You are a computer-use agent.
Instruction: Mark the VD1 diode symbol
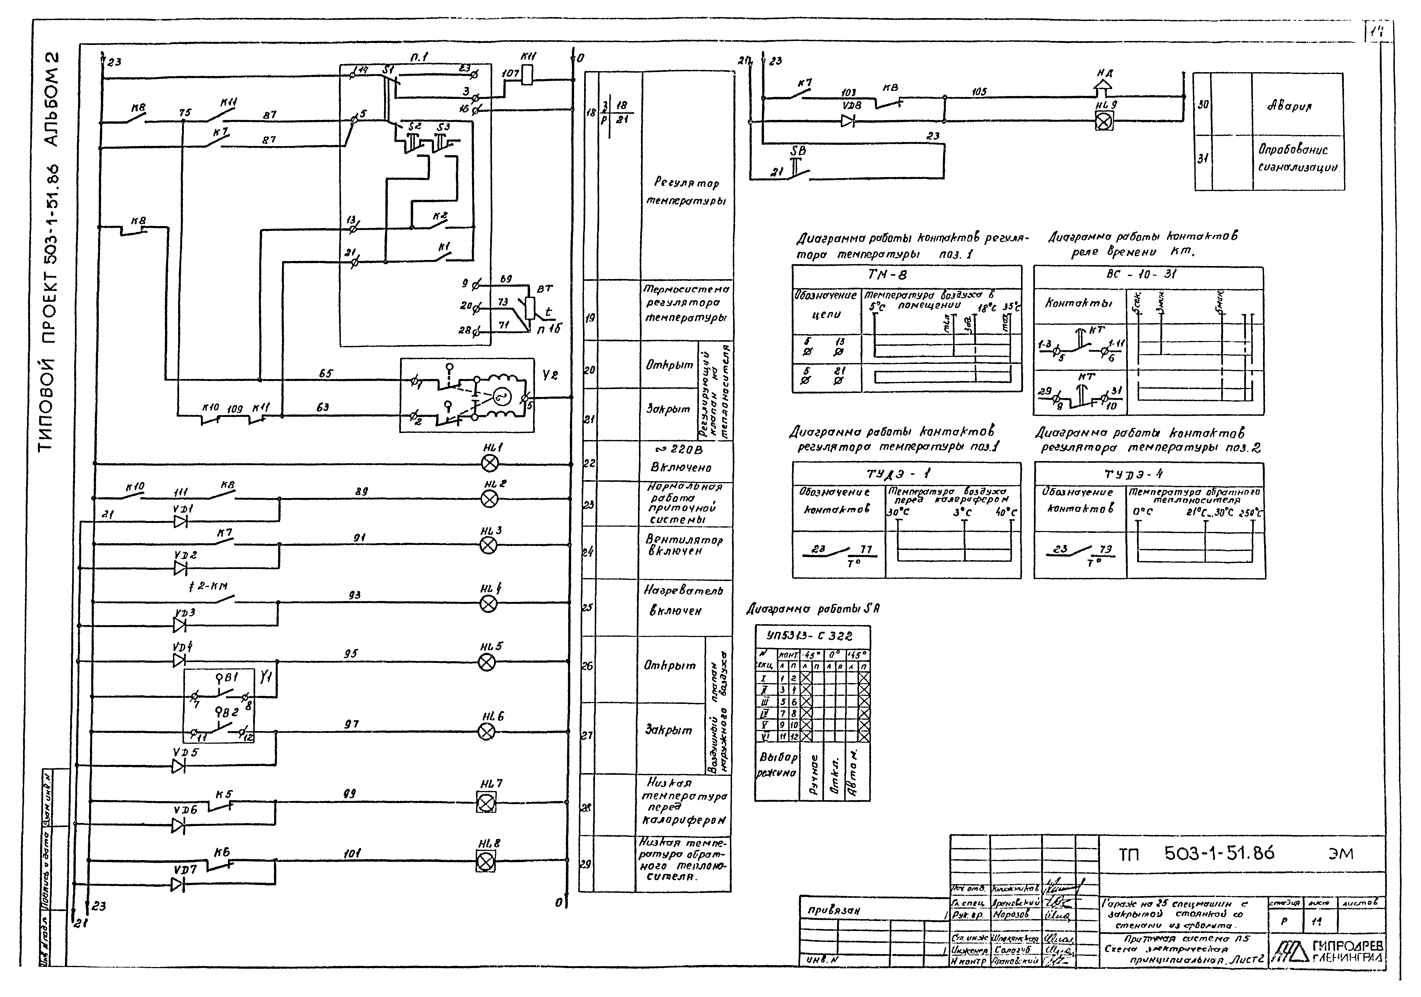pos(180,522)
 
